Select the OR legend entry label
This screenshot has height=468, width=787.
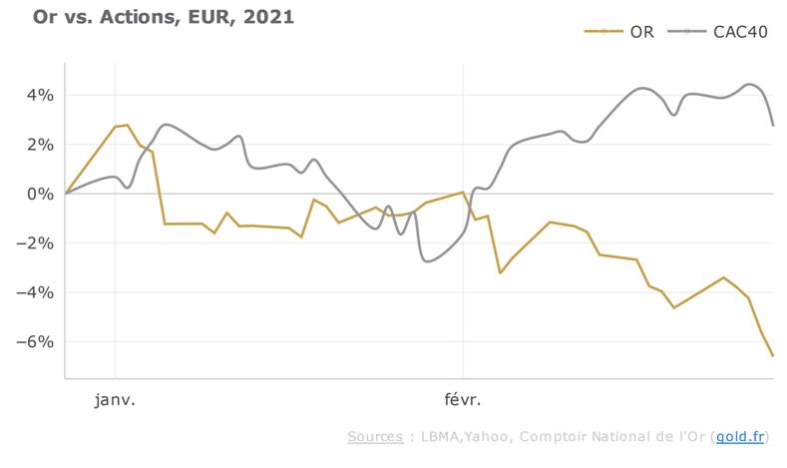coord(641,32)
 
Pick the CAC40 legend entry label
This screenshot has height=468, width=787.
coord(739,32)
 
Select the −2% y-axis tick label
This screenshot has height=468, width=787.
coord(37,243)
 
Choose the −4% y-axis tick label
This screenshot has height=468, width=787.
coord(37,292)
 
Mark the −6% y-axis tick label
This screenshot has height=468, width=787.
coord(37,342)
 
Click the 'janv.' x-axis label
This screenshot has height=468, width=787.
coord(115,400)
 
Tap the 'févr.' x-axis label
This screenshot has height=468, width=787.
coord(462,400)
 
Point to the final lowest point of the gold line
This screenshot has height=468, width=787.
coord(772,355)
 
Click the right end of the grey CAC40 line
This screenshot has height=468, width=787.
coord(772,125)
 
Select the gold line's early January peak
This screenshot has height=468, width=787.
coord(127,126)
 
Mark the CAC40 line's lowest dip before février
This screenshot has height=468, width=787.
coord(428,261)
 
